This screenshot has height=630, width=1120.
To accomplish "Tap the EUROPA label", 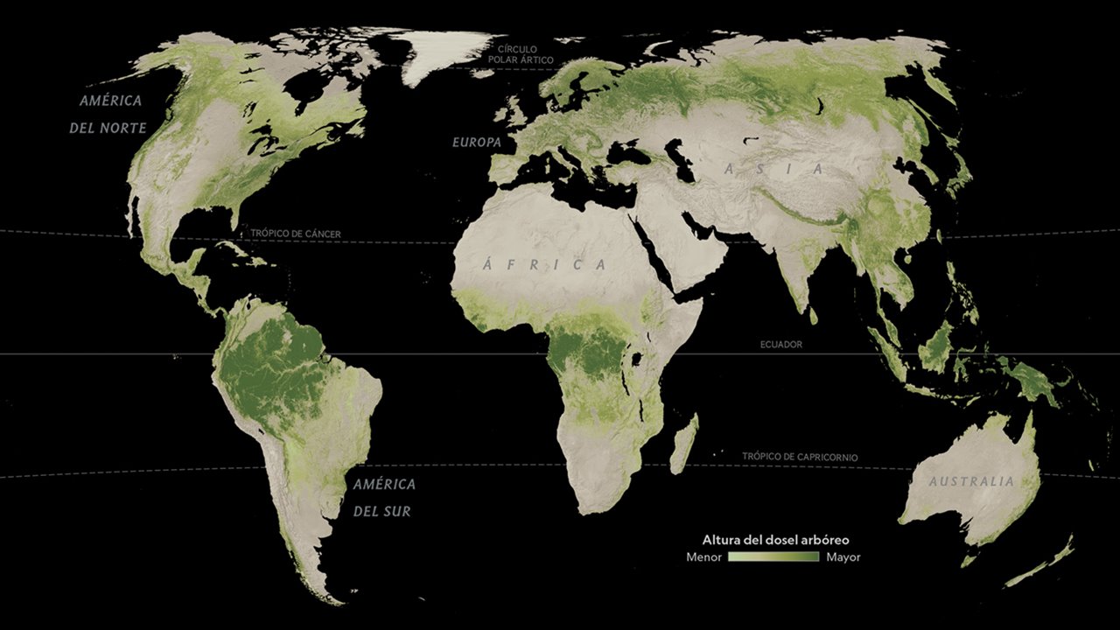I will tap(476, 142).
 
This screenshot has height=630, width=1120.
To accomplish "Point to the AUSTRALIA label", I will tap(971, 481).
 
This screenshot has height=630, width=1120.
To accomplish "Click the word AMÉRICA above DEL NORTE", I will tap(110, 101).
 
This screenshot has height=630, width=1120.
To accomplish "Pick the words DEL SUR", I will tap(382, 511).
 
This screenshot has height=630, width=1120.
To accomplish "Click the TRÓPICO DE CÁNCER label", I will tap(296, 234).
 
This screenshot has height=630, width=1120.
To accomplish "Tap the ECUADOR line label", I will tap(780, 345).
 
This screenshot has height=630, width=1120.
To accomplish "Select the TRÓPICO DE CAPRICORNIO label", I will tap(800, 457).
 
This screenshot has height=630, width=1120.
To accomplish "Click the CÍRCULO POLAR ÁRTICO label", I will tap(525, 54).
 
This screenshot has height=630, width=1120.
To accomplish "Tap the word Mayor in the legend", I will tap(843, 557).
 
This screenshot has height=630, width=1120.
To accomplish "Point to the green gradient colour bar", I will tap(773, 557).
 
